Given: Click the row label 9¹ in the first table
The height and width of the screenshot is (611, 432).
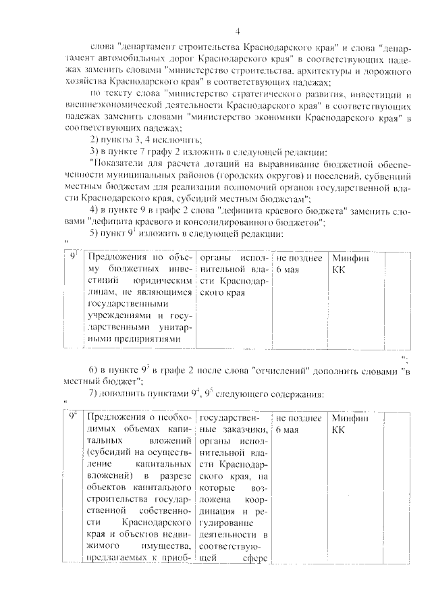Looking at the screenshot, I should [x=75, y=257].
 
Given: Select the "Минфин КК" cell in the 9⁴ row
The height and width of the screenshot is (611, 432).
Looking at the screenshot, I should [x=351, y=423].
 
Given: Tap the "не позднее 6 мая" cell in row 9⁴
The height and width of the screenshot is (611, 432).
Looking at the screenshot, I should [x=298, y=423].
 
